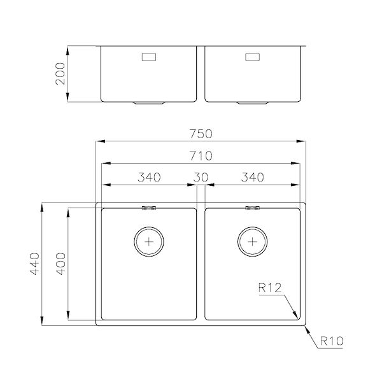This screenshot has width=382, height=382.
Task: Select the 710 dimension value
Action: tap(201, 155)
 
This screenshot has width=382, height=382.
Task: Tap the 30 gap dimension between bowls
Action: tap(201, 177)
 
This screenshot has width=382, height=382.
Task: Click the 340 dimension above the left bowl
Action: tap(149, 177)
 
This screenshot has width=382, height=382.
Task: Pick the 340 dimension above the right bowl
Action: tap(253, 177)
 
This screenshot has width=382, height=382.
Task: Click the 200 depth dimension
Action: tap(61, 74)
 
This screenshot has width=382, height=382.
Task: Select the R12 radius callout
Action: tap(271, 288)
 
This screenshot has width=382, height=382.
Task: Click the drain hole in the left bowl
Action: tap(150, 241)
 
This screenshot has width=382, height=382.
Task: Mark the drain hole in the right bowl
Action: tap(253, 241)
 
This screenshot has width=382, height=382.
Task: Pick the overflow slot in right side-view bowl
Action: tap(253, 58)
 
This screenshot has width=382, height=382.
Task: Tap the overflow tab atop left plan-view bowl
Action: tap(150, 207)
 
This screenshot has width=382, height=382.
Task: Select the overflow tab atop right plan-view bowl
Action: tap(253, 207)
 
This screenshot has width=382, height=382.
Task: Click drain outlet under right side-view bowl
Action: tap(253, 102)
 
